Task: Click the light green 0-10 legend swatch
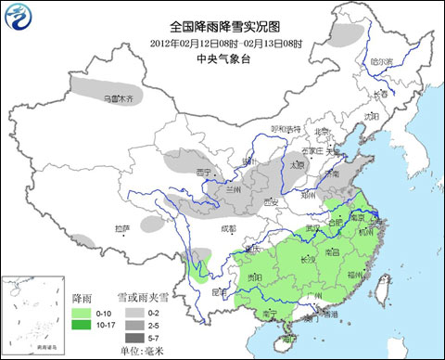(x=81, y=314)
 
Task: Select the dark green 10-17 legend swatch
(x=81, y=326)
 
